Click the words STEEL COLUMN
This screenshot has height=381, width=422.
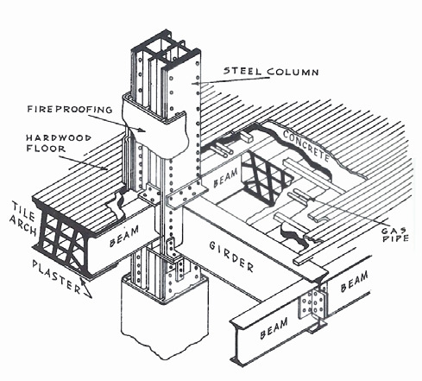click(271, 71)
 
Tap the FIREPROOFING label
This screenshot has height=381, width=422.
click(70, 109)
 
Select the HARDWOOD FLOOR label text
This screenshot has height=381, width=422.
click(59, 143)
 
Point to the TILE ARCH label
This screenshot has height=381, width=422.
click(23, 218)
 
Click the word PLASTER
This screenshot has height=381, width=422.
click(56, 277)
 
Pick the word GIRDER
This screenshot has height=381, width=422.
click(231, 257)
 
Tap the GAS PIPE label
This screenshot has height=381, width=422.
click(395, 234)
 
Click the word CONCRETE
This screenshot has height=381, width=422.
click(306, 145)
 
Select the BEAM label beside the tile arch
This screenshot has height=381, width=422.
click(124, 236)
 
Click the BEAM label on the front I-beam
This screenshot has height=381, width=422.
click(274, 328)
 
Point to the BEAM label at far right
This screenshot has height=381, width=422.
click(354, 282)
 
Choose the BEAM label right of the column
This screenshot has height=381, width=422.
click(226, 178)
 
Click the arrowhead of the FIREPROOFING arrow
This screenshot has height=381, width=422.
click(141, 130)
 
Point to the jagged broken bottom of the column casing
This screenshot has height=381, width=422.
click(165, 347)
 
